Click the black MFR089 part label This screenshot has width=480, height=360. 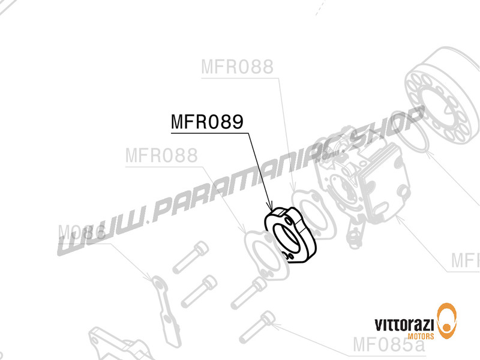click(x=207, y=122)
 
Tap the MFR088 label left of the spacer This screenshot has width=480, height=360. click(x=161, y=156)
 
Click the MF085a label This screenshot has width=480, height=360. click(x=388, y=345)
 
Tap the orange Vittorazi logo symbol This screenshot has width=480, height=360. click(x=449, y=319)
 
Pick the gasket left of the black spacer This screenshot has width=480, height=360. click(x=264, y=252)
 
